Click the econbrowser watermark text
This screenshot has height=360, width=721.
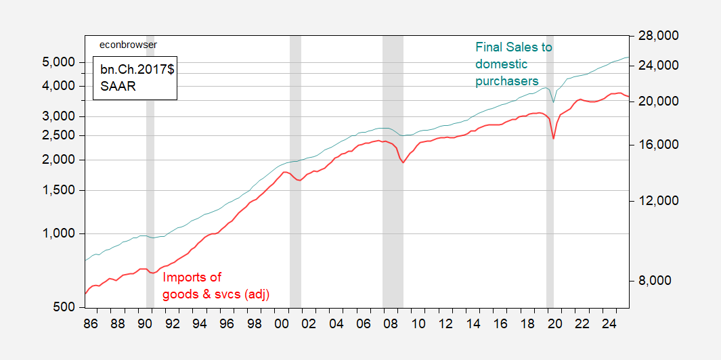click(128, 45)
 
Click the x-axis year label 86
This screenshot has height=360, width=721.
click(90, 323)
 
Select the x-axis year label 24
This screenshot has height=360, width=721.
click(610, 323)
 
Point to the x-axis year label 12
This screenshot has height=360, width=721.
click(445, 323)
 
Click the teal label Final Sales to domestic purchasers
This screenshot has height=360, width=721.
click(513, 64)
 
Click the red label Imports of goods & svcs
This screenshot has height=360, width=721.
click(216, 286)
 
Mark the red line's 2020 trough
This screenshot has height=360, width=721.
click(553, 139)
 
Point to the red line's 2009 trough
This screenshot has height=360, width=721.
click(403, 163)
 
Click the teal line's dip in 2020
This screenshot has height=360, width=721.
click(553, 102)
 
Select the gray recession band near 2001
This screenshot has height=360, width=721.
click(295, 169)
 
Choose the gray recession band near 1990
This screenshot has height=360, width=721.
click(150, 169)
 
